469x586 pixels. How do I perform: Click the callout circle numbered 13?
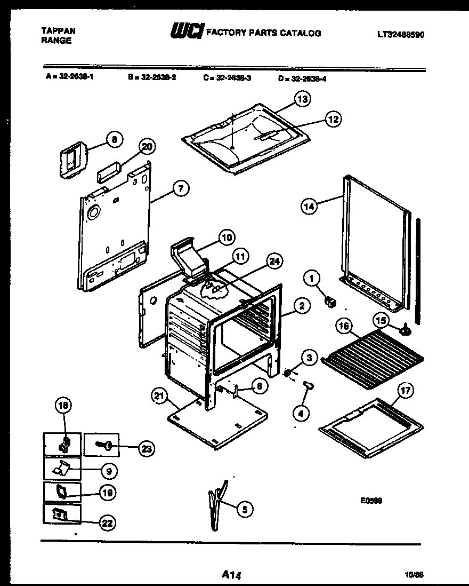(303, 99)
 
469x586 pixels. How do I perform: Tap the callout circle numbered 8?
(114, 140)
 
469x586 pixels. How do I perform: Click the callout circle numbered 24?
(275, 261)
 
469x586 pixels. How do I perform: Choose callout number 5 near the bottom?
(245, 510)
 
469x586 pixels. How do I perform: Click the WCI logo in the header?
(186, 33)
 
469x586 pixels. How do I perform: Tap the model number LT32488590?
(401, 35)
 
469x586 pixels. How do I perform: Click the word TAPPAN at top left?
(58, 31)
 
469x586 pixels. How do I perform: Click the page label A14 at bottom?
(232, 575)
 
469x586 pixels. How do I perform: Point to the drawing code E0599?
(371, 501)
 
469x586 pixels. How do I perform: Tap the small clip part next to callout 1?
(330, 303)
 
